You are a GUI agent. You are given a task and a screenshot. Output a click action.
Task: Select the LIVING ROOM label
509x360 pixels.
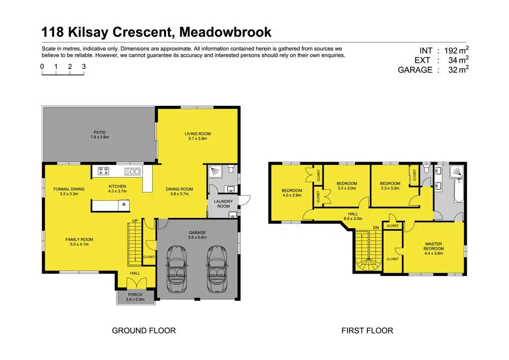pyautogui.click(x=197, y=134)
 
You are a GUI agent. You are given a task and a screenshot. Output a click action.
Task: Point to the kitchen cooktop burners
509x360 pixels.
pyautogui.click(x=104, y=171)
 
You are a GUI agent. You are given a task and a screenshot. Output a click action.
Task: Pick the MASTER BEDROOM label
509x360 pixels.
pyautogui.click(x=433, y=246)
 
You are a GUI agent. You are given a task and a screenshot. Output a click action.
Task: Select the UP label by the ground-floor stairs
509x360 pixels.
pyautogui.click(x=135, y=221)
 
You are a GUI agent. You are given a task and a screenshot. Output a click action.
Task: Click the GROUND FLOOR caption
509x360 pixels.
pyautogui.click(x=144, y=330)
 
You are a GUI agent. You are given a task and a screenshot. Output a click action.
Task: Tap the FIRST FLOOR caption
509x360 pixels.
pyautogui.click(x=367, y=330)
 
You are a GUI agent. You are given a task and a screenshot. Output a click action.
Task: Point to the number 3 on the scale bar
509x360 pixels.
pyautogui.click(x=84, y=66)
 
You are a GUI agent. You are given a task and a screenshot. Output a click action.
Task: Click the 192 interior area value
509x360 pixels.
pyautogui.click(x=453, y=50)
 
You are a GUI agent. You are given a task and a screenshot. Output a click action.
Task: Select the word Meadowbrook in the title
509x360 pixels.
pyautogui.click(x=226, y=33)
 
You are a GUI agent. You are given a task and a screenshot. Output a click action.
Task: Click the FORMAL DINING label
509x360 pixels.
pyautogui.click(x=69, y=189)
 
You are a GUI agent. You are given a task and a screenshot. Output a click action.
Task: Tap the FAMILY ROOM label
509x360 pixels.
pyautogui.click(x=79, y=240)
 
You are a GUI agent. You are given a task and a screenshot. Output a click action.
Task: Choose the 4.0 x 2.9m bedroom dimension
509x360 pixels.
pyautogui.click(x=292, y=196)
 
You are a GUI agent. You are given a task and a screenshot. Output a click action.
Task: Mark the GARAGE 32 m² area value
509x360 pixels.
pyautogui.click(x=453, y=70)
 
